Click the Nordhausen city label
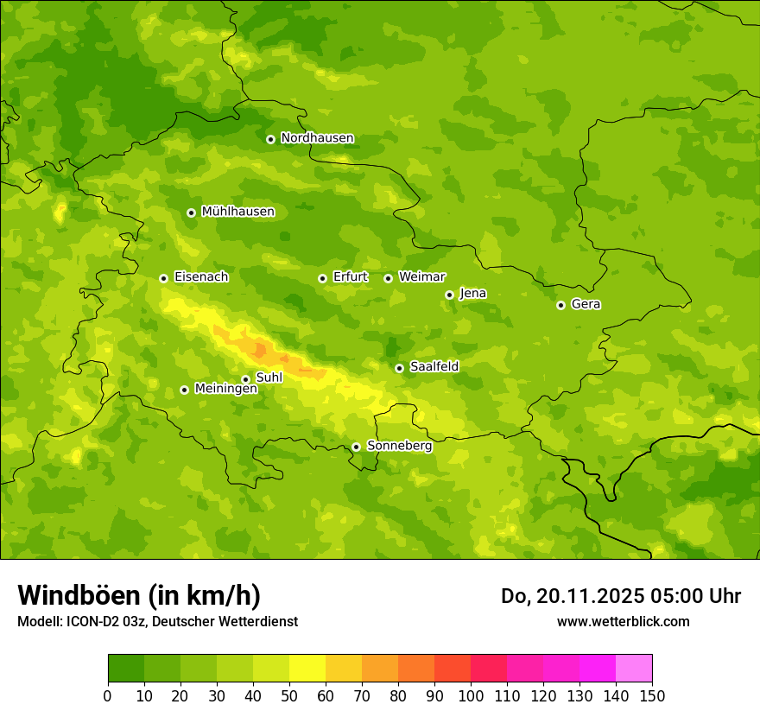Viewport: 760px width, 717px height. tap(317, 138)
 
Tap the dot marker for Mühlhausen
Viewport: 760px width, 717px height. tap(191, 213)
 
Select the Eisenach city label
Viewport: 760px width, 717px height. tap(201, 277)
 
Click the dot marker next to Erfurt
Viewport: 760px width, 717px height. tap(322, 278)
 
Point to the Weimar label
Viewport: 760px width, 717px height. tap(421, 277)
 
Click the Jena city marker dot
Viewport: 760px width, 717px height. tap(449, 295)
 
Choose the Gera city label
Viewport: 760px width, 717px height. tap(586, 304)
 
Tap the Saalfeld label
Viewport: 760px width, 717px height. tap(434, 367)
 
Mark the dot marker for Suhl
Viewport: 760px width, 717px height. tap(245, 379)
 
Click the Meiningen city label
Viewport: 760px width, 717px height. tap(225, 389)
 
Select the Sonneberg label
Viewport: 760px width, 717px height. tap(399, 446)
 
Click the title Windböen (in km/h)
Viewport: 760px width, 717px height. tap(139, 595)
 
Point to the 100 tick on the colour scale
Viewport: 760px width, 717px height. tap(471, 695)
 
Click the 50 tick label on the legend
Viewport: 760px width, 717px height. tap(289, 695)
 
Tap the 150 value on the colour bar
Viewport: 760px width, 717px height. tap(652, 695)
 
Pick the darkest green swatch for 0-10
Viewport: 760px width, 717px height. tap(126, 669)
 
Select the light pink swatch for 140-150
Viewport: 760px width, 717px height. tap(634, 669)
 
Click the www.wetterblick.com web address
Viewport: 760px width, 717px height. tap(623, 621)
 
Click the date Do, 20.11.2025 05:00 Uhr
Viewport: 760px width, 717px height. tap(621, 596)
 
